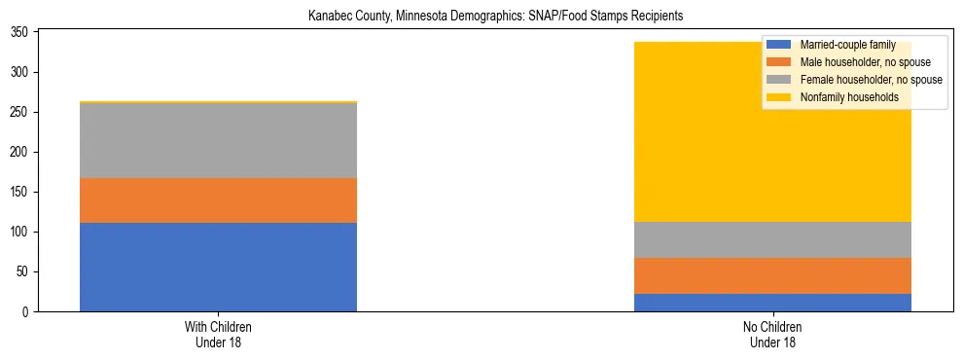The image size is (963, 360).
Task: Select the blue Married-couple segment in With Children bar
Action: [218, 267]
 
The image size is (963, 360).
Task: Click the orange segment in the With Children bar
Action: [218, 200]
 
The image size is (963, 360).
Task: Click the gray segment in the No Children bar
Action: [772, 239]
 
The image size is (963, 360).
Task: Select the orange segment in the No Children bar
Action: [772, 275]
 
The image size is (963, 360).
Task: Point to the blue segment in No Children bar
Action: [772, 302]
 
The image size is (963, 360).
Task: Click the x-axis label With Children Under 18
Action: [218, 334]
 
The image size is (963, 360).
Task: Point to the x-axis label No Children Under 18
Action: [772, 334]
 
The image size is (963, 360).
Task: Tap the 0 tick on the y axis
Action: [28, 311]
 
